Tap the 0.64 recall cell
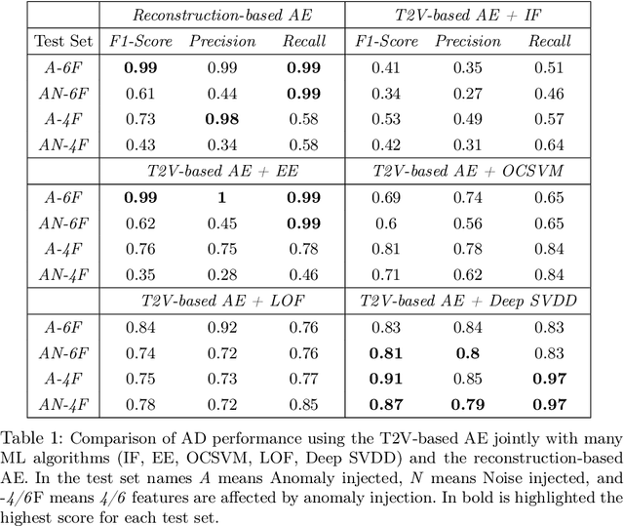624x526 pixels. (551, 143)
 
